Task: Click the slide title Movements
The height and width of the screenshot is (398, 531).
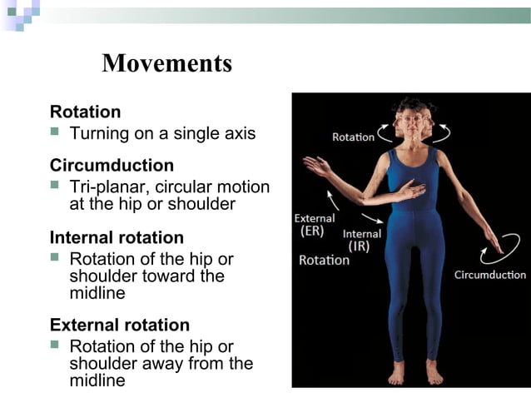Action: pos(166,63)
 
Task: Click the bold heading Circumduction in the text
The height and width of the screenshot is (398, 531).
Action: pos(112,165)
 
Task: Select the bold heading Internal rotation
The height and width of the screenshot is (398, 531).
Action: pos(117,237)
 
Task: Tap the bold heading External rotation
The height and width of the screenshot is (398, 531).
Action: pos(120,325)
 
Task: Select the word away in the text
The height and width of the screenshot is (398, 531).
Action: pos(187,363)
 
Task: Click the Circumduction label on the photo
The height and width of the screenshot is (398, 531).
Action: pos(489,275)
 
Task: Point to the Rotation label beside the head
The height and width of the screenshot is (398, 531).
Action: pos(353,137)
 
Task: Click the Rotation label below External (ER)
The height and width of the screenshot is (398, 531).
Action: pos(324,261)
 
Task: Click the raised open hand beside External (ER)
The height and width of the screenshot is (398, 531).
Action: pos(317,165)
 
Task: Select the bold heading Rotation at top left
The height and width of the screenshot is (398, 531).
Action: pos(85,112)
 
